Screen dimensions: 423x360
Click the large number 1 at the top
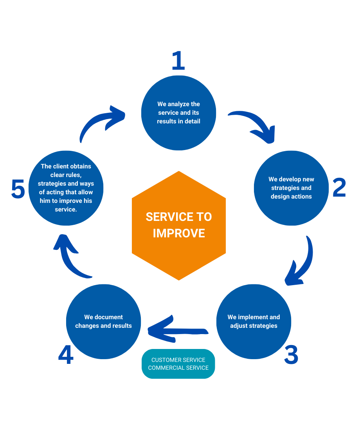[178, 61]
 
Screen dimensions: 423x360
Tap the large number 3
[291, 354]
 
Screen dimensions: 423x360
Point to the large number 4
[66, 355]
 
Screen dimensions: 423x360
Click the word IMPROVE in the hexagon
[179, 233]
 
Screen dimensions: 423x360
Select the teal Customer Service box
[178, 364]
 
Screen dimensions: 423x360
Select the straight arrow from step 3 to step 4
[176, 331]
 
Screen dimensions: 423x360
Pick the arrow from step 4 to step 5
[70, 258]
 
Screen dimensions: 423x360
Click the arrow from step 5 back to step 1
[100, 121]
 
